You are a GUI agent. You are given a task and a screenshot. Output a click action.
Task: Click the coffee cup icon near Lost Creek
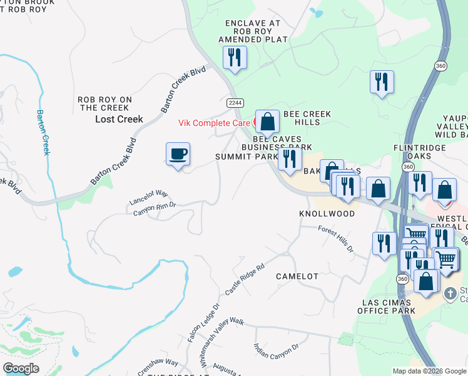(178, 154)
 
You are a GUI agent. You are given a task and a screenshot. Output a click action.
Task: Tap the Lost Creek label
(119, 119)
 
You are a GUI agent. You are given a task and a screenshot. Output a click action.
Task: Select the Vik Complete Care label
(215, 123)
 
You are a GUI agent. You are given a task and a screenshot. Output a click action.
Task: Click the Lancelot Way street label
(149, 197)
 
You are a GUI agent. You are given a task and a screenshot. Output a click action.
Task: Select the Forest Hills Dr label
(336, 239)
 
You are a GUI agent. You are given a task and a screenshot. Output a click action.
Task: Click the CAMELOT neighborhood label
(297, 276)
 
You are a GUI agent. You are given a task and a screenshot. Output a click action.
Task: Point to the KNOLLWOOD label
(327, 214)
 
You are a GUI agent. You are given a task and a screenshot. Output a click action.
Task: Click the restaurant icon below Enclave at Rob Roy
(235, 58)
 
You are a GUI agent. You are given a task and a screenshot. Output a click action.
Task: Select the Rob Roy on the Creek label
(104, 103)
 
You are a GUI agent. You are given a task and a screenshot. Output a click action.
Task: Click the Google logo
(21, 368)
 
